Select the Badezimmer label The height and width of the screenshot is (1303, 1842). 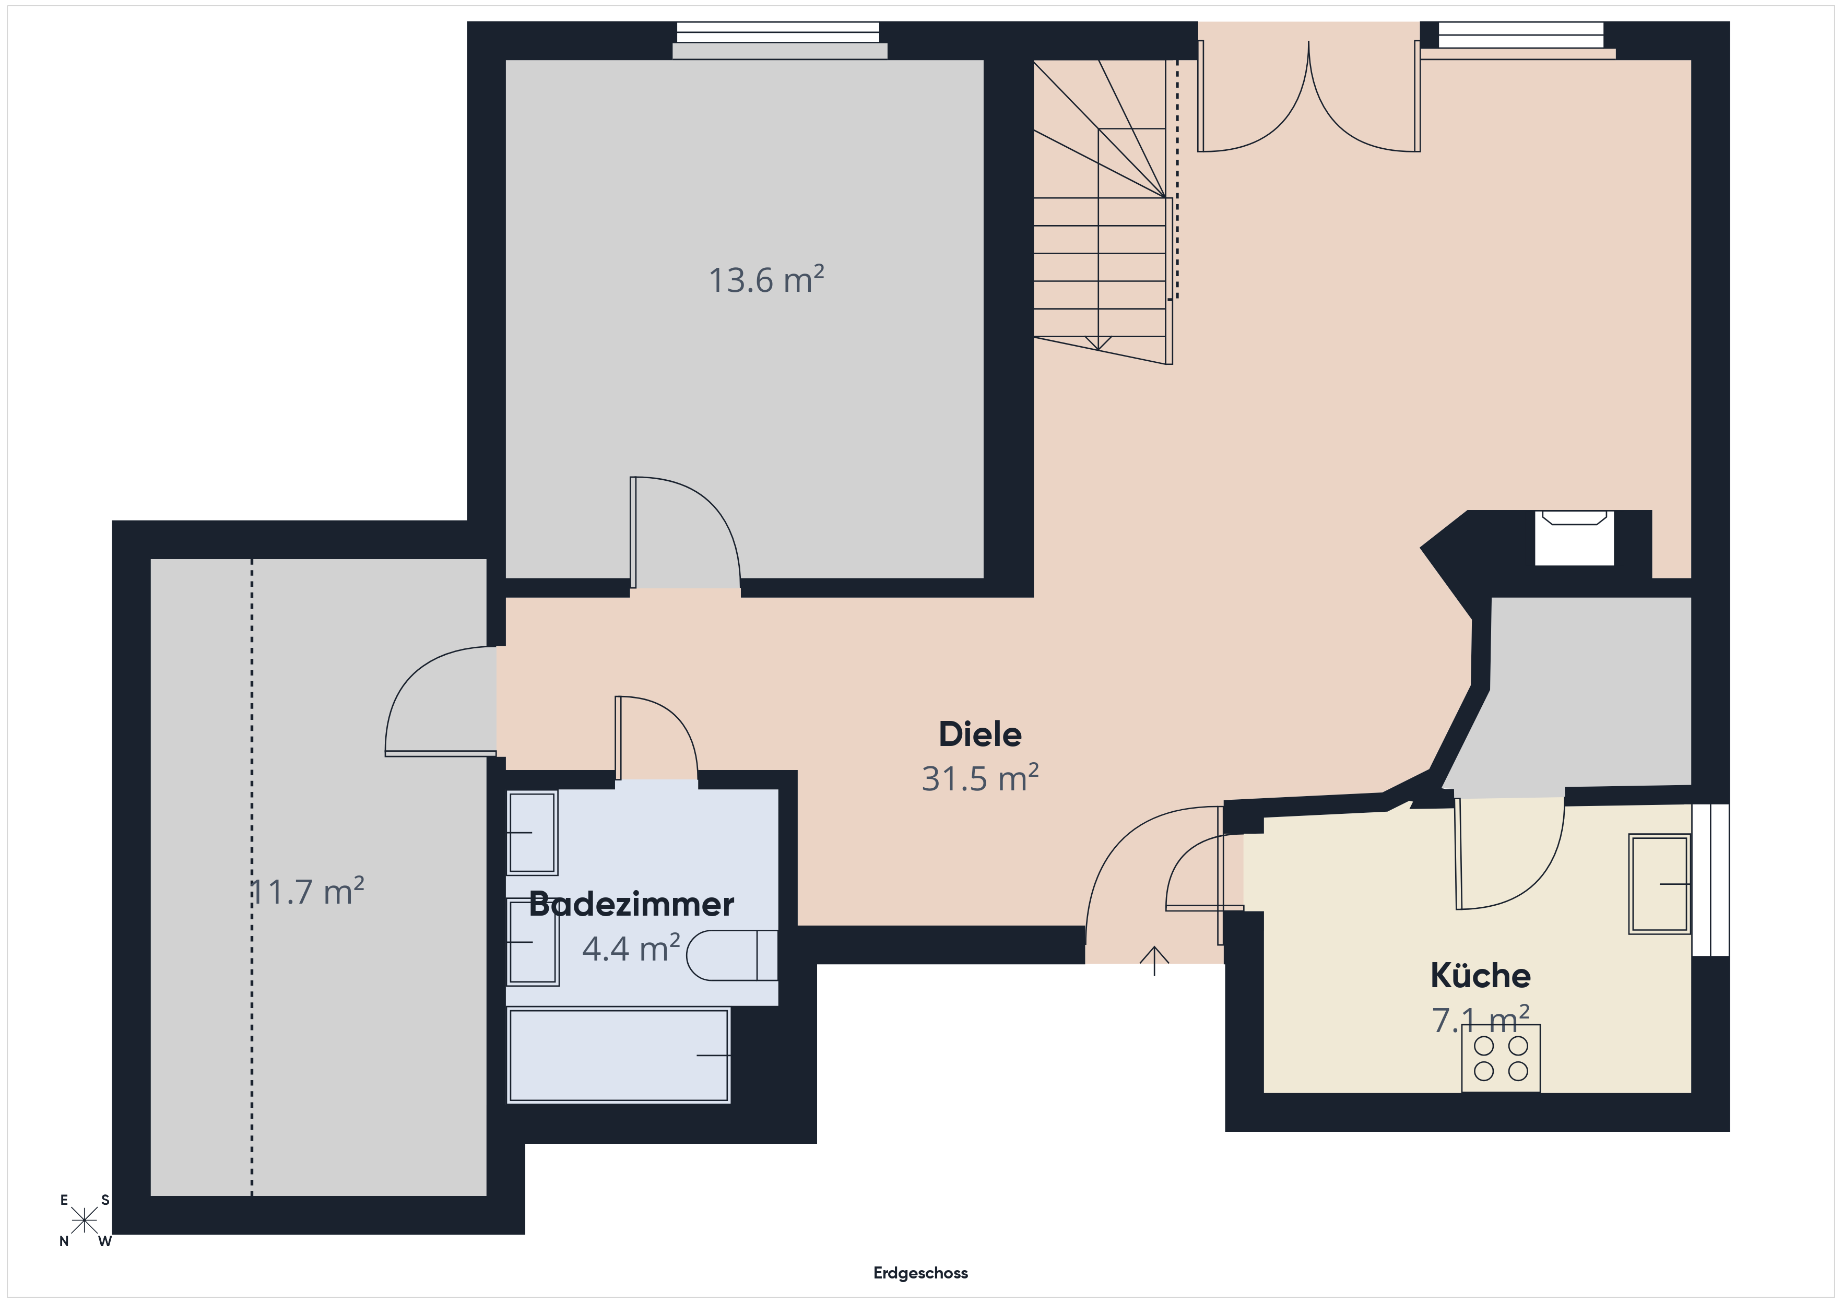click(x=631, y=904)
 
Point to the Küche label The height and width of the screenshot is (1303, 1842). click(x=1480, y=976)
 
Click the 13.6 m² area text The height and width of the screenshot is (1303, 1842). click(x=766, y=279)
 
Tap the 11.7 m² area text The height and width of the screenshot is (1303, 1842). click(x=308, y=892)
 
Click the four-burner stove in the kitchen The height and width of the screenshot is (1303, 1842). click(x=1500, y=1058)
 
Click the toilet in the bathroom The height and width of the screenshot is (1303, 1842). click(x=731, y=955)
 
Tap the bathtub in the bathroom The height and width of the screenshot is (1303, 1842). click(x=619, y=1055)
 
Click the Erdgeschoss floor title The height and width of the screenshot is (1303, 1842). click(x=920, y=1273)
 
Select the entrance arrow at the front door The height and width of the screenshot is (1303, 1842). click(x=1154, y=961)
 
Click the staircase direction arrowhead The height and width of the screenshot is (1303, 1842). click(x=1099, y=343)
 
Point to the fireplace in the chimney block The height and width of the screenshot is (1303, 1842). click(x=1574, y=538)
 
